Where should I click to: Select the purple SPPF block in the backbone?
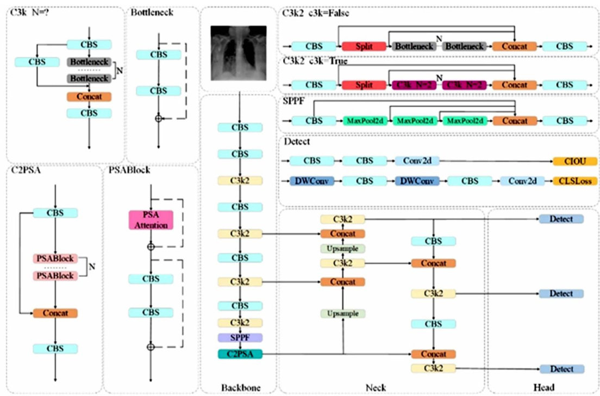[240, 337]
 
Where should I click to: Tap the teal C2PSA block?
[240, 354]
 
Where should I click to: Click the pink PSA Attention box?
[151, 220]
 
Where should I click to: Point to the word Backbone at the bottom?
[240, 387]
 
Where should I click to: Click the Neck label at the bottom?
[376, 387]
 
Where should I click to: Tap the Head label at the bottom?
[543, 387]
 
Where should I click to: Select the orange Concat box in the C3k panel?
[89, 97]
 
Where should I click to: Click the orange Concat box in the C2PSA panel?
[55, 313]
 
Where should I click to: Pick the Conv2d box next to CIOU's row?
[417, 161]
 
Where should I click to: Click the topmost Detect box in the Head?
[561, 219]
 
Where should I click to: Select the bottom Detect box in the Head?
[561, 369]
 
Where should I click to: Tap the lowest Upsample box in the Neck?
[342, 313]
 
